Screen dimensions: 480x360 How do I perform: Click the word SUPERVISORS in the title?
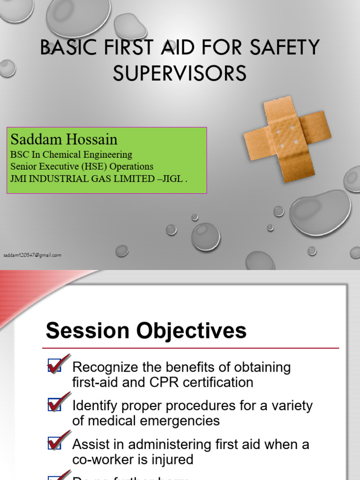180,73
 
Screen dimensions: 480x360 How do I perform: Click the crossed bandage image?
287,139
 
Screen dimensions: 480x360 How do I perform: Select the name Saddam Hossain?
64,139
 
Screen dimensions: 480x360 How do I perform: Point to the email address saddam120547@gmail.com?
32,255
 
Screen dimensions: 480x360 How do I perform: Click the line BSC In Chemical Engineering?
71,154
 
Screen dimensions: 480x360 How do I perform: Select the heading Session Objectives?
146,331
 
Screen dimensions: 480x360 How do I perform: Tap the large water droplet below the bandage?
320,212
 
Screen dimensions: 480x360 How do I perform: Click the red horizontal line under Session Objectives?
190,348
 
